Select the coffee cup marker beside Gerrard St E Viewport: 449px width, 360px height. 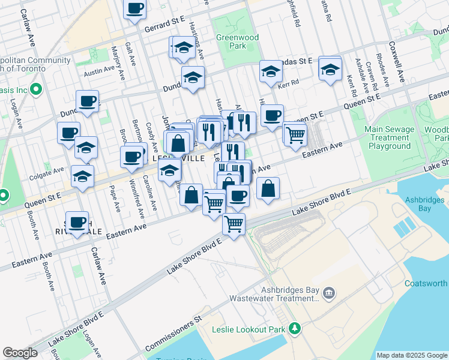pos(135,8)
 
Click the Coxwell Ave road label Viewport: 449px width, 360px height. pos(397,62)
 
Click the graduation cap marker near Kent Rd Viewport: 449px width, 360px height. pos(330,70)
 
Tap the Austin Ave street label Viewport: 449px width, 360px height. pos(99,70)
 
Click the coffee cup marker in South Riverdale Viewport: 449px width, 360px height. pos(77,223)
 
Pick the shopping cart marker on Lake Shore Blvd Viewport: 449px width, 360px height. pos(234,225)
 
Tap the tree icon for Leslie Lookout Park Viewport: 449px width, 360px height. pos(294,328)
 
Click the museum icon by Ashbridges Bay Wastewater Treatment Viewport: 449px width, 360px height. pos(328,293)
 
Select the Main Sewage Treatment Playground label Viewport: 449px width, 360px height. pos(390,137)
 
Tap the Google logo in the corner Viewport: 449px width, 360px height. pos(20,353)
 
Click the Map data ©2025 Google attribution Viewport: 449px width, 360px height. pos(412,355)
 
